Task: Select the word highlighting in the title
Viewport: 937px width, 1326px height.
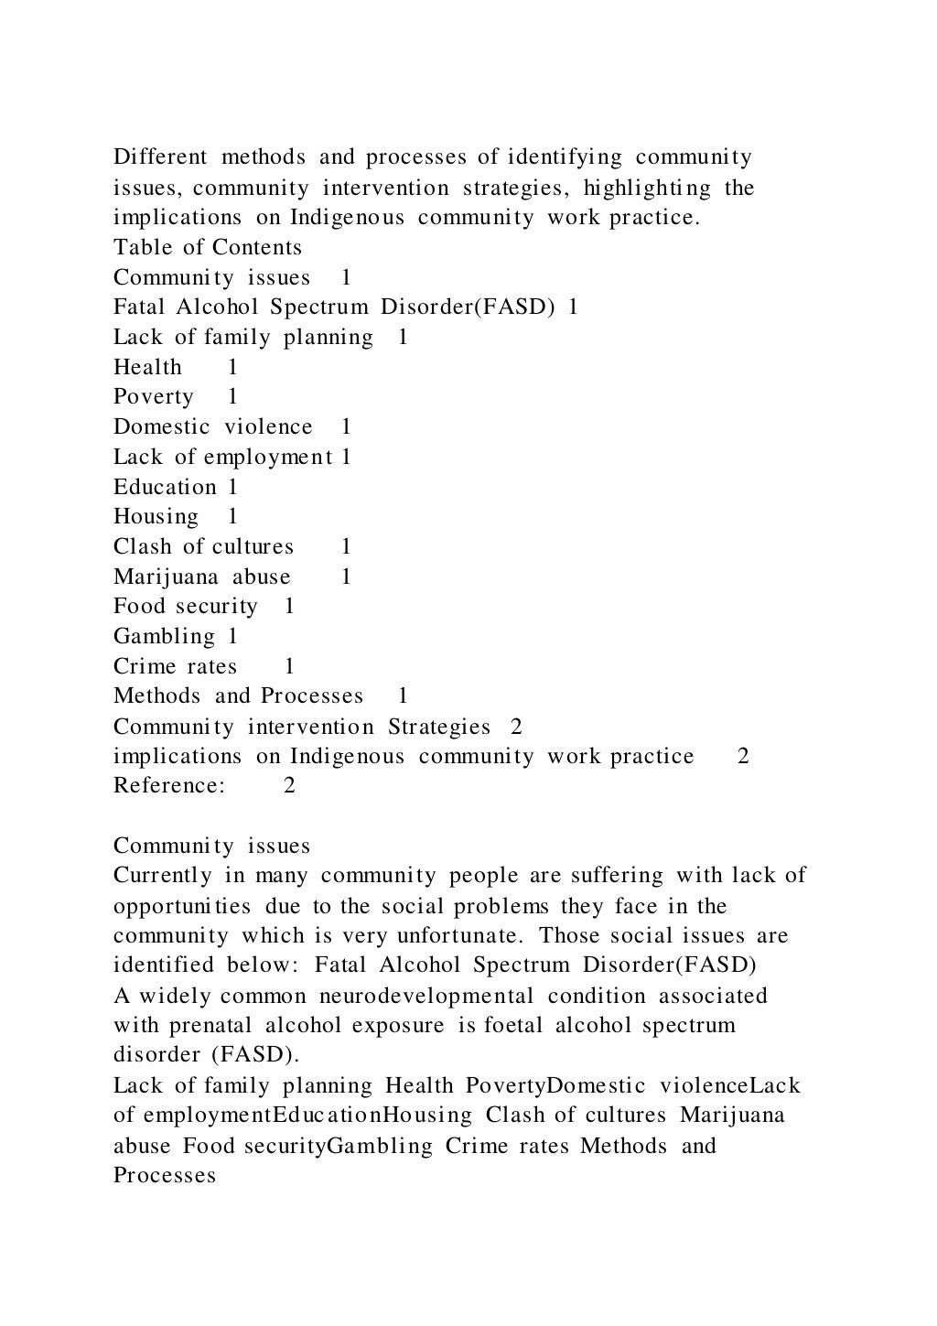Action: point(647,188)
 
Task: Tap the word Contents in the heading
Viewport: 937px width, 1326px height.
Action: point(256,247)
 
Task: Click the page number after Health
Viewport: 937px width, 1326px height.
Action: point(233,367)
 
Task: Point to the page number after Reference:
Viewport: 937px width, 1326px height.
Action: point(289,785)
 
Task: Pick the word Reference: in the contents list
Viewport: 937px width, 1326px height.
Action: point(169,785)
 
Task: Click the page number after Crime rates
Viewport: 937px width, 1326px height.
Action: point(289,666)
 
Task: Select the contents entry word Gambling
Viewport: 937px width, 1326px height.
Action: point(164,636)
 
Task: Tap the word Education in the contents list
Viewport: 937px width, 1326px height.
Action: point(165,487)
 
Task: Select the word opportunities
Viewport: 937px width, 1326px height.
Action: point(182,906)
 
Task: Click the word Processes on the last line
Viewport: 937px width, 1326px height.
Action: point(165,1175)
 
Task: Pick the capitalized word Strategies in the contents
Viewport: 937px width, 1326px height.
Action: point(439,727)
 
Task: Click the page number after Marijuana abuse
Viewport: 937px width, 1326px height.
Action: point(346,577)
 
